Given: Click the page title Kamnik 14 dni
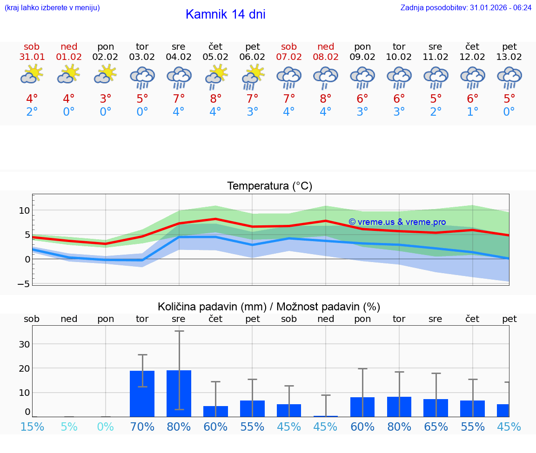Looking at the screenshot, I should pyautogui.click(x=225, y=14).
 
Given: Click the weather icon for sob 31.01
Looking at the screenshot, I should pyautogui.click(x=32, y=75).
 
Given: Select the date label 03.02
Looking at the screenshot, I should pyautogui.click(x=142, y=57).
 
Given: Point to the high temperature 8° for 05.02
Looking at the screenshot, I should pyautogui.click(x=215, y=99).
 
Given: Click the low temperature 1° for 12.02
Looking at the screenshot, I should pyautogui.click(x=473, y=112).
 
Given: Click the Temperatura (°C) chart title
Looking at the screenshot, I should pyautogui.click(x=269, y=186).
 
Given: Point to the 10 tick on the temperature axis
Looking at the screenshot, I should pyautogui.click(x=24, y=210).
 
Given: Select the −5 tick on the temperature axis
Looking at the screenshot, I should pyautogui.click(x=23, y=283).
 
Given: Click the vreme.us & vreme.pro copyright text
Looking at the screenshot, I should pyautogui.click(x=397, y=222).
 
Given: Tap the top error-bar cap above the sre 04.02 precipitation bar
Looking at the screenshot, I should pyautogui.click(x=179, y=331).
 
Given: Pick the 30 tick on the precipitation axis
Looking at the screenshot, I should pyautogui.click(x=24, y=344).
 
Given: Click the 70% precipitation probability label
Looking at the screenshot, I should pyautogui.click(x=142, y=427).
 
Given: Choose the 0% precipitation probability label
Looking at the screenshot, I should pyautogui.click(x=106, y=427).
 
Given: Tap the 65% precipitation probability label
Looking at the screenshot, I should pyautogui.click(x=436, y=427).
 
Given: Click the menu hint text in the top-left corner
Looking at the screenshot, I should pyautogui.click(x=52, y=8).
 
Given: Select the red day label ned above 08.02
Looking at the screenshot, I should pyautogui.click(x=326, y=47).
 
